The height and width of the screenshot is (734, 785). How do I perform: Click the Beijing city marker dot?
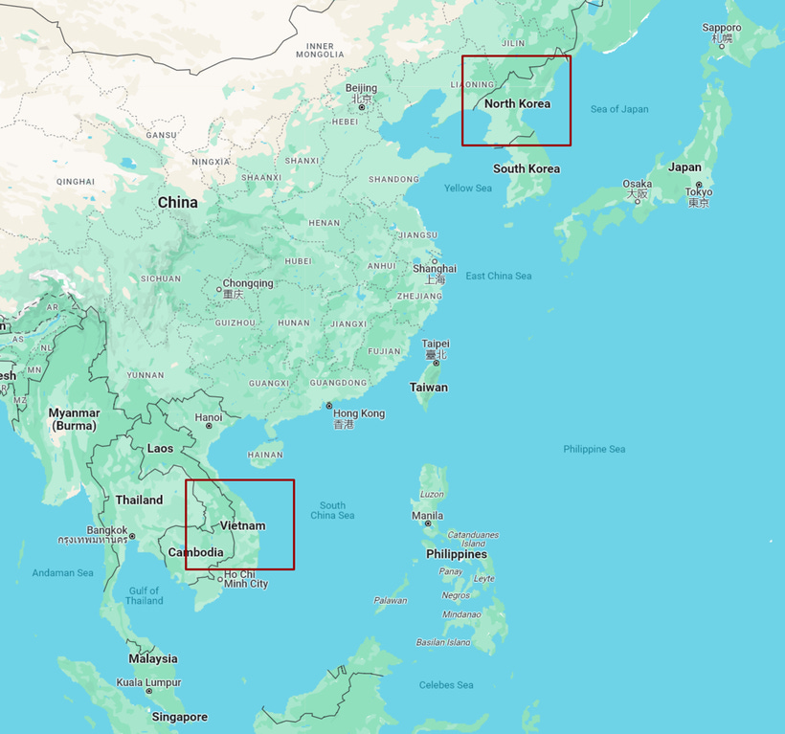click(362, 107)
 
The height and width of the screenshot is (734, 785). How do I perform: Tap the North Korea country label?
click(517, 103)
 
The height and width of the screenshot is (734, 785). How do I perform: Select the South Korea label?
click(527, 168)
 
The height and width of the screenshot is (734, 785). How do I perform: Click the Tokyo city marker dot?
click(699, 184)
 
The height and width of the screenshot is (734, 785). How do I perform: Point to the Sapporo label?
click(721, 29)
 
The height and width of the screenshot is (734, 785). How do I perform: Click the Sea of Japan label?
click(619, 109)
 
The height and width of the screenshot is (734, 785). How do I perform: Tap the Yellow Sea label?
click(468, 188)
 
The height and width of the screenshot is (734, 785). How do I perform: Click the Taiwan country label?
click(428, 388)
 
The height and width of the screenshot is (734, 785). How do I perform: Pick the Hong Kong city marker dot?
click(329, 406)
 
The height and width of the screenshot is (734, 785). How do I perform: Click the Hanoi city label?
click(209, 417)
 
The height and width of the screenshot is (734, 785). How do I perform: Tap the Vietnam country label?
click(242, 525)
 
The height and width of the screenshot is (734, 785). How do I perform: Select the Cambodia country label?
click(195, 552)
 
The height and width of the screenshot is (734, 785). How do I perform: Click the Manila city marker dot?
click(428, 523)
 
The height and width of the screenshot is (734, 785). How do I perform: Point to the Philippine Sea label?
click(594, 449)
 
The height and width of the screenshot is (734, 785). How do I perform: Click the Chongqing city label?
click(248, 283)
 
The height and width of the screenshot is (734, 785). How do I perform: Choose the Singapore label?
click(179, 717)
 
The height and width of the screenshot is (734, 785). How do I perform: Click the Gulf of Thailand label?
click(144, 595)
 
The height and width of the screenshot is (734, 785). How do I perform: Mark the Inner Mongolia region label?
click(320, 50)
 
